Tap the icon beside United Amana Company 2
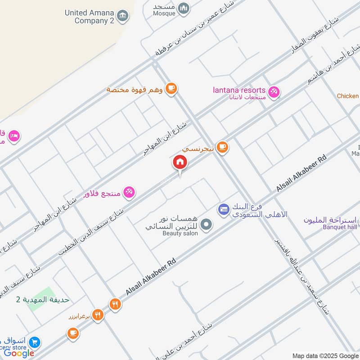122,16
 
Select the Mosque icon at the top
183,8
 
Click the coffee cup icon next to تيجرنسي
222,147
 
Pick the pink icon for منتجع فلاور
129,192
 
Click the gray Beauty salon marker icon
206,224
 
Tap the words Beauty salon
180,234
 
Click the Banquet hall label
340,227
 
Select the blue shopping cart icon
34,342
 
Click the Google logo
19,353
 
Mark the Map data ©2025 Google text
325,355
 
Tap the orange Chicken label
348,96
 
